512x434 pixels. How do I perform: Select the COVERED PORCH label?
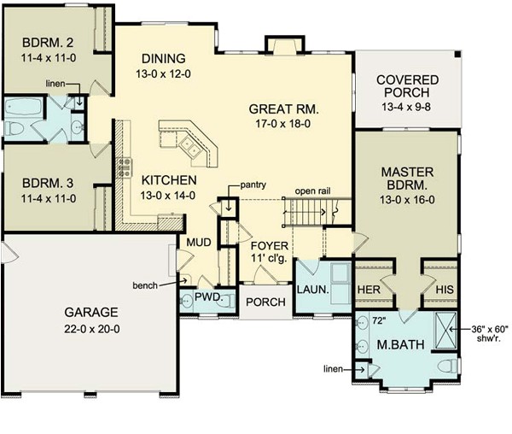coord(407,86)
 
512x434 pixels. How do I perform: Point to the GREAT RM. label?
coord(284,109)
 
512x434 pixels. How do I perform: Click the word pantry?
coord(255,184)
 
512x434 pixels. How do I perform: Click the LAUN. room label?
coord(313,290)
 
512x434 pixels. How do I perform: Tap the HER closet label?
coord(368,290)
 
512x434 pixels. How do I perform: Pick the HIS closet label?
coord(444,290)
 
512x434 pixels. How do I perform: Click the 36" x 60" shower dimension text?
coord(491,330)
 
